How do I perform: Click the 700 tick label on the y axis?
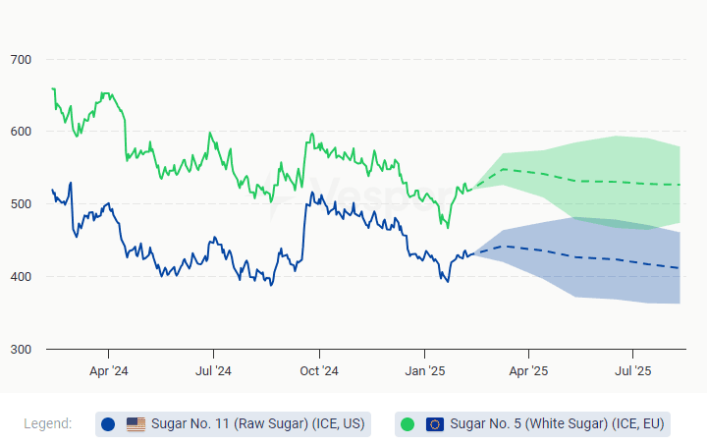pos(21,60)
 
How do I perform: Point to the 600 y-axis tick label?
pos(21,132)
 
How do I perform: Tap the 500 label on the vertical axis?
pos(21,204)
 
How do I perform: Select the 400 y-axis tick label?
pos(21,277)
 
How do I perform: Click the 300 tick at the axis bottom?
pos(21,350)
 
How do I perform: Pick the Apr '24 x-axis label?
pos(108,371)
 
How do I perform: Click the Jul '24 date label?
pos(213,371)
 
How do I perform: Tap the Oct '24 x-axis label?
pos(318,371)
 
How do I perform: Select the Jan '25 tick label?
pos(424,371)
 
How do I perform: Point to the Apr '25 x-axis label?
pos(528,371)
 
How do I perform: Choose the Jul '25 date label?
pos(633,371)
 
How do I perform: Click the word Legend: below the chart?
pos(47,423)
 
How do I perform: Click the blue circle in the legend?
pos(108,424)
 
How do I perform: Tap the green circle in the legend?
pos(408,424)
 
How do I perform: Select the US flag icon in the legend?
pos(136,424)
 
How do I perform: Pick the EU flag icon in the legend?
pos(435,424)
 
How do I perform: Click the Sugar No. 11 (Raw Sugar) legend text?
pos(257,424)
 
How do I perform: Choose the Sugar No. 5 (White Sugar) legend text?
pos(558,424)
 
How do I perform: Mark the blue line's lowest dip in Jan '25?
pos(448,282)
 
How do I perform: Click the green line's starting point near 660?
pos(52,89)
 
